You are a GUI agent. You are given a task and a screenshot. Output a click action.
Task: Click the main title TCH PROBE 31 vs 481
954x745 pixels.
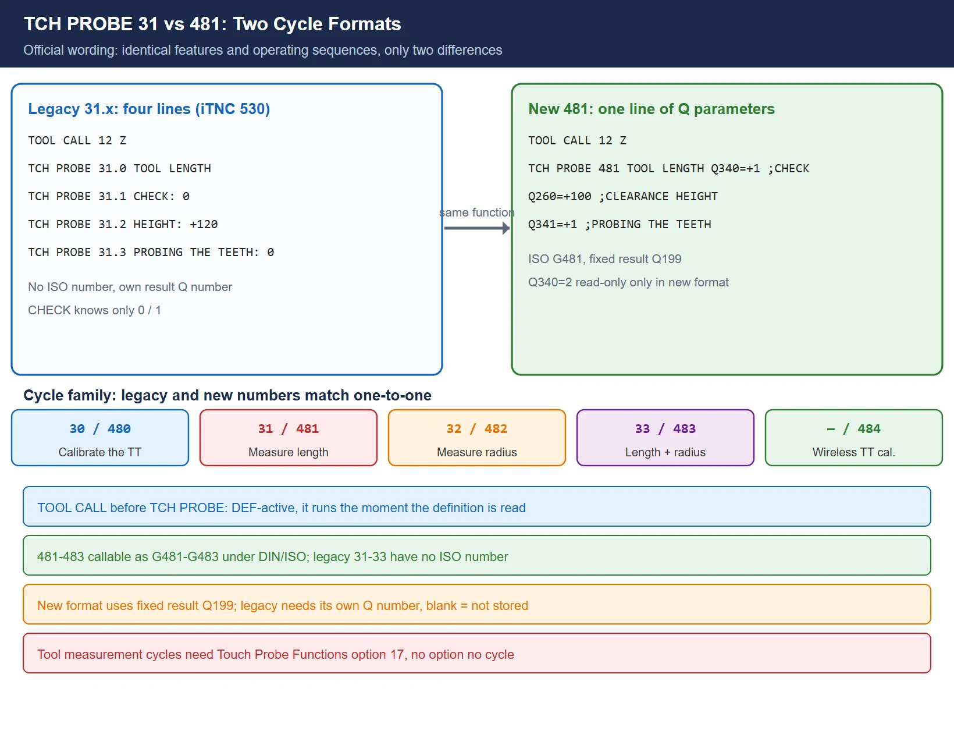coord(212,24)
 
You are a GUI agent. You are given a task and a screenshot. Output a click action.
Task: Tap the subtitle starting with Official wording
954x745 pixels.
coord(262,50)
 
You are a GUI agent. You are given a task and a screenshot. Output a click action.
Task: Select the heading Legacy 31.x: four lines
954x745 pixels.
coord(149,108)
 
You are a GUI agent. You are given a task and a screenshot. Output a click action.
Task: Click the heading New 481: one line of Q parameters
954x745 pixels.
coord(652,108)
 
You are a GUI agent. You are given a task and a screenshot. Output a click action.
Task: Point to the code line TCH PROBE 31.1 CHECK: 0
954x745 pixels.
coord(109,196)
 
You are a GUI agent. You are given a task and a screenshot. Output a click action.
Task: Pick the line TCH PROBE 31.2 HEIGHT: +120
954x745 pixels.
coord(123,225)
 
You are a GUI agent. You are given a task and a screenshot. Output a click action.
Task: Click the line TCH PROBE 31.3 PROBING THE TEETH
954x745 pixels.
coord(151,253)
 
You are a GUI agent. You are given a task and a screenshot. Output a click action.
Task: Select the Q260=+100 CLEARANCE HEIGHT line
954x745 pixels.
coord(623,196)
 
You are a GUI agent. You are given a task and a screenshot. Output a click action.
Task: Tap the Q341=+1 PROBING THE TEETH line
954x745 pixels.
coord(620,225)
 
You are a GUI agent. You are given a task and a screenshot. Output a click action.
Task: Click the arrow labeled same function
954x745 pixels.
coord(477,228)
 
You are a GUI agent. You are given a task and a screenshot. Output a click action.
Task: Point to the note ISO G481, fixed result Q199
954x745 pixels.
coord(604,259)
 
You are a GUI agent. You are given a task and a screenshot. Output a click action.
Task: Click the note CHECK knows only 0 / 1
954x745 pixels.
coord(94,310)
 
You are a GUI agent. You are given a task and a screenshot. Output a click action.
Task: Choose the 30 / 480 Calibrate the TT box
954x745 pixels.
coord(100,438)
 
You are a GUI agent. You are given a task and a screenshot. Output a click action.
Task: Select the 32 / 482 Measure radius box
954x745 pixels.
coord(477,438)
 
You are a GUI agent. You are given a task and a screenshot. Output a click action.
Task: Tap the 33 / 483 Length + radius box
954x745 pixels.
coord(665,438)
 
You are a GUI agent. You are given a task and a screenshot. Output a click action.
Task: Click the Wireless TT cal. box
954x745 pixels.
coord(853,438)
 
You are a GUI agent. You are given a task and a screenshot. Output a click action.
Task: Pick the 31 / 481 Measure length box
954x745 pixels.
coord(289,438)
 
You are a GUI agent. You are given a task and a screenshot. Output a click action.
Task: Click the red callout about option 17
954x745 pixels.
coord(477,653)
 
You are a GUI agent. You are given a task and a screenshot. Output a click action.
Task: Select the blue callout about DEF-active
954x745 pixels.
coord(477,506)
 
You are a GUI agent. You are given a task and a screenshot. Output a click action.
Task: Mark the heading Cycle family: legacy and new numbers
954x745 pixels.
coord(227,395)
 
